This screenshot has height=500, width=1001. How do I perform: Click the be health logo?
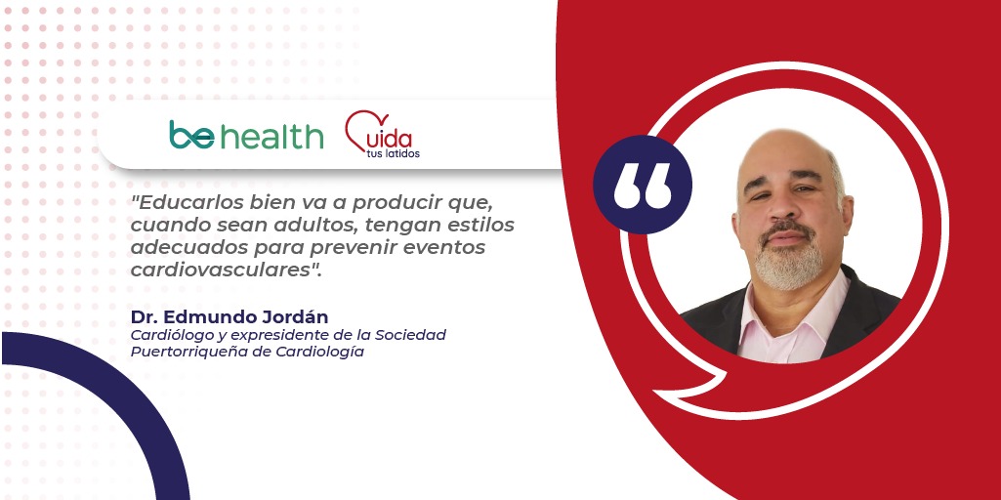point(246,135)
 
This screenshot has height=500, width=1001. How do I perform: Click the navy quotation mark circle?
point(643,185)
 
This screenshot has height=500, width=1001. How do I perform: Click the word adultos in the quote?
point(286,226)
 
